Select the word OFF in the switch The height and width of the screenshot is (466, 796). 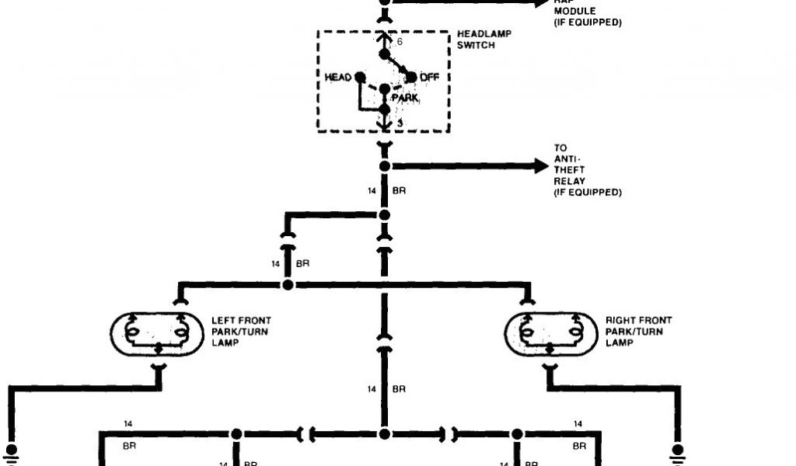[x=430, y=77]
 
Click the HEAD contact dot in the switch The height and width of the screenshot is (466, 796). [x=359, y=77]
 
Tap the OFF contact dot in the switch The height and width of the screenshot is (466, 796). [x=411, y=77]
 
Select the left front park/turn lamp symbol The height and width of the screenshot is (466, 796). [x=159, y=335]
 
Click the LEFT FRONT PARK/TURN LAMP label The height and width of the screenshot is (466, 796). [x=241, y=332]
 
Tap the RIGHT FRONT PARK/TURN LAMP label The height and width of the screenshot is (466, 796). [x=638, y=332]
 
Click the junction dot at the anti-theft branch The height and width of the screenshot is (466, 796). [x=384, y=166]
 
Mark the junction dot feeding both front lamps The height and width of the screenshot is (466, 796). [x=288, y=285]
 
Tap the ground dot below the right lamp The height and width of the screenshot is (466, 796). [x=678, y=449]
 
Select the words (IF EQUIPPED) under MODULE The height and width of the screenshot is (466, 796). [x=587, y=23]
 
